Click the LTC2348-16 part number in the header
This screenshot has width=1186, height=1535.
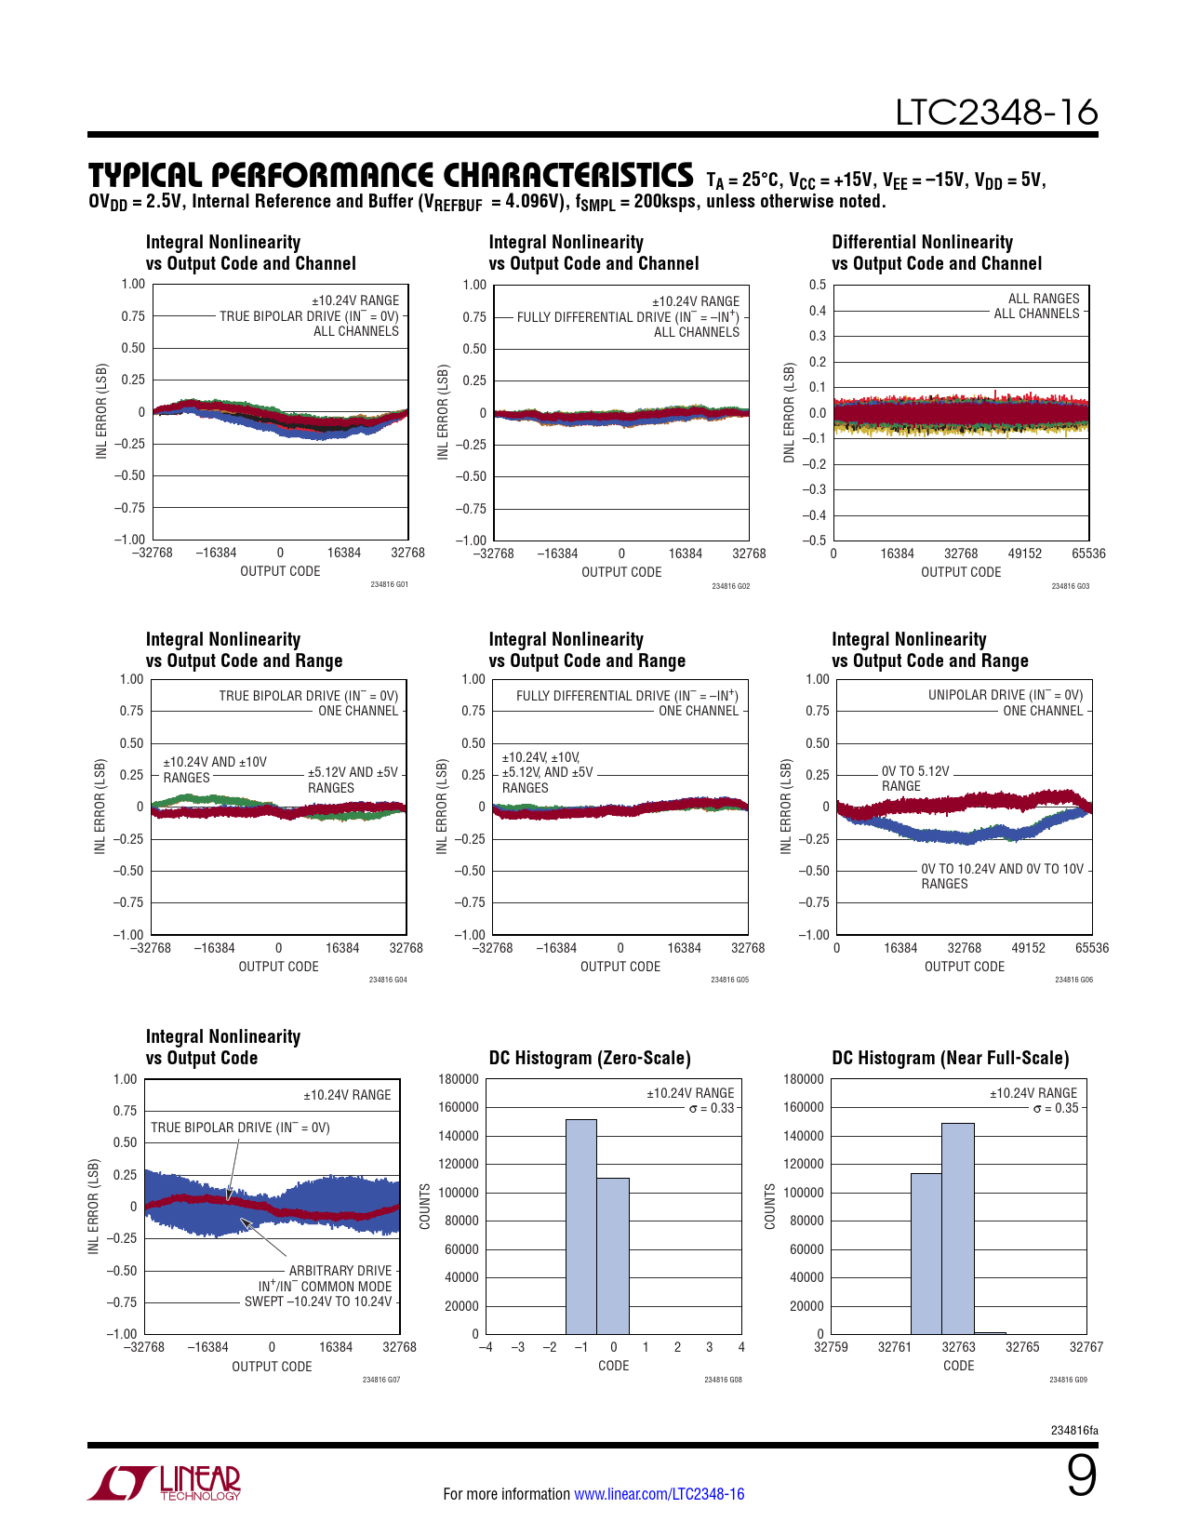pyautogui.click(x=996, y=113)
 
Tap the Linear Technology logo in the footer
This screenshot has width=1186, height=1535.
pyautogui.click(x=165, y=1483)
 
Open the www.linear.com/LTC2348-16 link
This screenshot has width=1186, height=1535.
pyautogui.click(x=659, y=1494)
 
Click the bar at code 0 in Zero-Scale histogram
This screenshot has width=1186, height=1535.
pyautogui.click(x=613, y=1256)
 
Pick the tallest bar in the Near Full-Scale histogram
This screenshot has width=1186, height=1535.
pyautogui.click(x=958, y=1228)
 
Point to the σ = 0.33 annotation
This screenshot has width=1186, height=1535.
pyautogui.click(x=712, y=1108)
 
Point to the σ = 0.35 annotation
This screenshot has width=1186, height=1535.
pyautogui.click(x=1056, y=1108)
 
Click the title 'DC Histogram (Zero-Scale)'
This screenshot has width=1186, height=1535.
pyautogui.click(x=590, y=1058)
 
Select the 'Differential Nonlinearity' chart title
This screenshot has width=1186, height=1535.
pyautogui.click(x=922, y=242)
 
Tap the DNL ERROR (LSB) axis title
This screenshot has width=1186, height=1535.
pyautogui.click(x=790, y=412)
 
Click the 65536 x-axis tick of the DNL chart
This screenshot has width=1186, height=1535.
pyautogui.click(x=1088, y=554)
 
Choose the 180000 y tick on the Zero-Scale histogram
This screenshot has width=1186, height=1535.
pyautogui.click(x=459, y=1079)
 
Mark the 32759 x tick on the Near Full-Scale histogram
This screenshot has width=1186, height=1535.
pyautogui.click(x=831, y=1347)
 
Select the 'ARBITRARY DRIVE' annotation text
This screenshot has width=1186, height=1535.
pyautogui.click(x=340, y=1271)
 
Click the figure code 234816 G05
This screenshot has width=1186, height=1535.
pyautogui.click(x=729, y=980)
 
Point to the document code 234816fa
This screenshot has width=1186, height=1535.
pyautogui.click(x=1074, y=1430)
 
